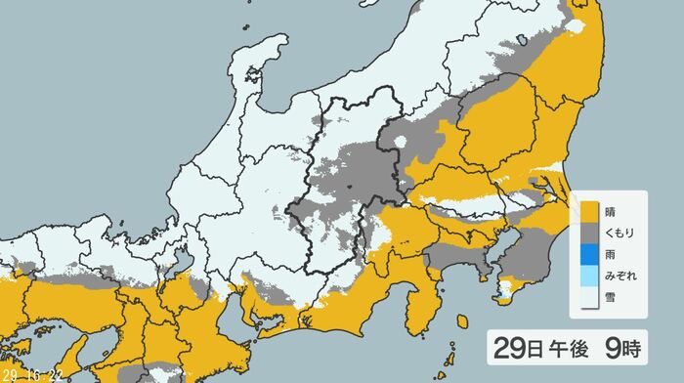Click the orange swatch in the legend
click(588, 210)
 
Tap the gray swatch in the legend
click(588, 233)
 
